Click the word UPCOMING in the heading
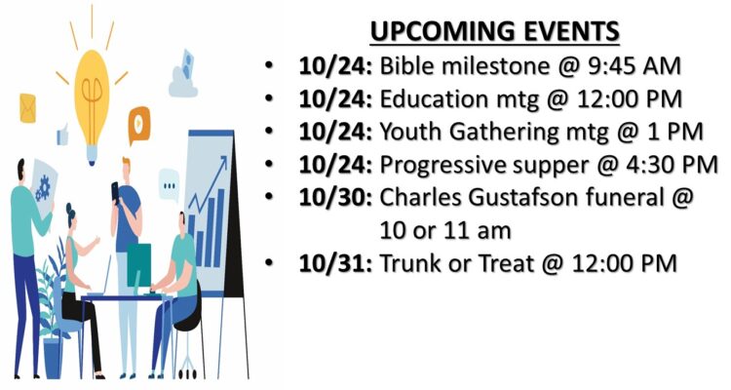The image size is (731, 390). [443, 32]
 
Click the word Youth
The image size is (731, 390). [411, 132]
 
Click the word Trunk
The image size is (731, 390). [410, 263]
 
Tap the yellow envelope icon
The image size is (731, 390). [27, 108]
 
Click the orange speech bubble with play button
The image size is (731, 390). [139, 123]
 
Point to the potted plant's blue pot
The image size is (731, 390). [54, 358]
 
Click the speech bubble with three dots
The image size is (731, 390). [169, 185]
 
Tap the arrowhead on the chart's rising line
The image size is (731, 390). [223, 162]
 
